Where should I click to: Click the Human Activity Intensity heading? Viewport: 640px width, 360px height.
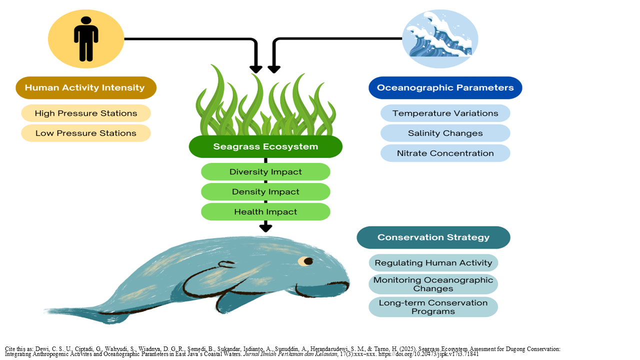(86, 87)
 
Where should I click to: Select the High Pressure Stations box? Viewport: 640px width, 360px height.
(86, 113)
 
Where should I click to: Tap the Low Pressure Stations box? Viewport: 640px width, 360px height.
(86, 133)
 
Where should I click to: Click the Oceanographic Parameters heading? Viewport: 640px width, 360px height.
(445, 87)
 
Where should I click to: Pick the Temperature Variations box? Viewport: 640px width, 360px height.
(445, 113)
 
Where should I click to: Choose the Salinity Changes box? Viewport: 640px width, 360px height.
(445, 133)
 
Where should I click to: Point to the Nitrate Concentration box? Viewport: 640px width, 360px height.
(445, 153)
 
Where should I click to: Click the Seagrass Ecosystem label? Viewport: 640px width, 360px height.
(265, 146)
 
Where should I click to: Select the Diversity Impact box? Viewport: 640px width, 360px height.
(265, 171)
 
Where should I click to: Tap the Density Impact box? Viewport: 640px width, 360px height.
(265, 191)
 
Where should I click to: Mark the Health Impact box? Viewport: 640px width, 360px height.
(265, 211)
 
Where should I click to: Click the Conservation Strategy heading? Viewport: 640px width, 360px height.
(433, 237)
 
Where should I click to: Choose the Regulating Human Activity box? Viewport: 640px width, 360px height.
(433, 263)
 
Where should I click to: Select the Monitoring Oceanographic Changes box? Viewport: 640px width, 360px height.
(433, 284)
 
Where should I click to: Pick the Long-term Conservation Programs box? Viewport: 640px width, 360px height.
(433, 307)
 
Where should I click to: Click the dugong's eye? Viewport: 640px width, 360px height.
(305, 261)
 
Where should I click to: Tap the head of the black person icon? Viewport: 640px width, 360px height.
(86, 20)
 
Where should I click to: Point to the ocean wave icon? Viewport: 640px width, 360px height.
(440, 39)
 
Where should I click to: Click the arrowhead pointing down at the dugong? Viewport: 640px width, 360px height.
(265, 228)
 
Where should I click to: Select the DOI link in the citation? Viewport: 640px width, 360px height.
(428, 354)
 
